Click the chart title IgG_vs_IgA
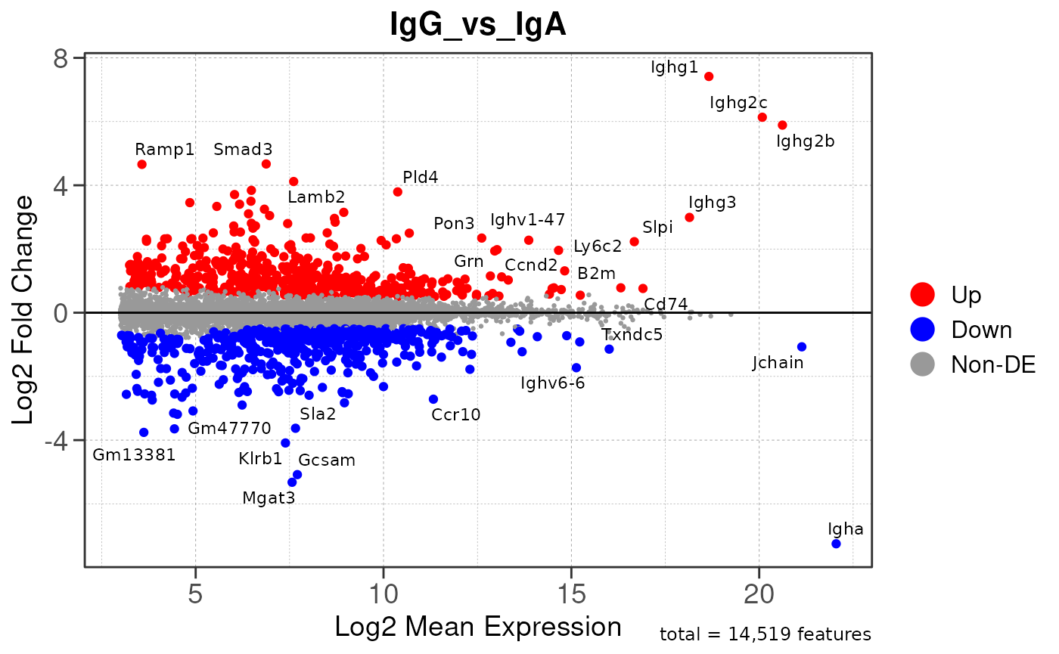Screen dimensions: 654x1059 tap(478, 25)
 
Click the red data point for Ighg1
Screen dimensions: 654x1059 tap(709, 76)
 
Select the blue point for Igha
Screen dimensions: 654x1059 tap(836, 544)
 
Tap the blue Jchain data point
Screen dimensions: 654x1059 tap(802, 347)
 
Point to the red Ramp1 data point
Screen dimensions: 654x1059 tap(142, 164)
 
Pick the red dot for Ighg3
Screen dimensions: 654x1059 tap(689, 217)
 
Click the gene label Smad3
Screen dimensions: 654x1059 tap(243, 149)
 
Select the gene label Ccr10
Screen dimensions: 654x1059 tap(456, 414)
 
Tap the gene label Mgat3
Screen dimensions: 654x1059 tap(269, 497)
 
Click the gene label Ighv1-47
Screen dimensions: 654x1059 tap(528, 220)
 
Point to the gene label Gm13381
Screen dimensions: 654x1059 tap(134, 454)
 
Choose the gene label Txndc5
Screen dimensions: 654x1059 tap(632, 334)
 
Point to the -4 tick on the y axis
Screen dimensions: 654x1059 tap(64, 440)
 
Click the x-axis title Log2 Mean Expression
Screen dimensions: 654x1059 tap(478, 627)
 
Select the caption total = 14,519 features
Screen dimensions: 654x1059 tap(766, 634)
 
